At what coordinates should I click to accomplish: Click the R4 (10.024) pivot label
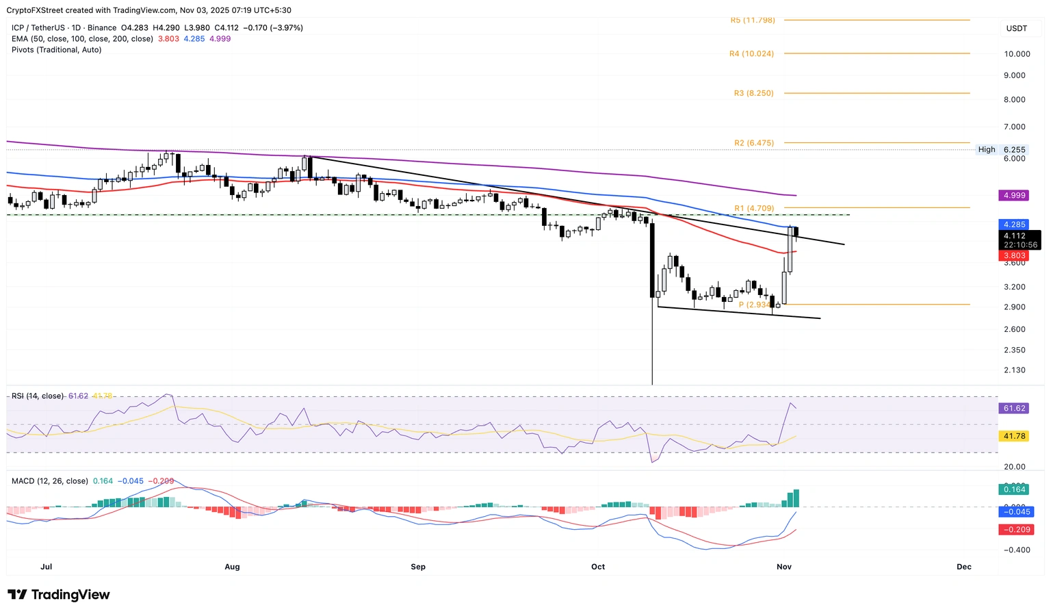(x=751, y=53)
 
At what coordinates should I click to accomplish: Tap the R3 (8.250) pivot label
(x=753, y=93)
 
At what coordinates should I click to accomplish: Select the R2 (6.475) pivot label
(x=754, y=143)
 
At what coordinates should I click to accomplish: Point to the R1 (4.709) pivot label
(x=754, y=208)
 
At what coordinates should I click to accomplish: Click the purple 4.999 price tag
(x=1014, y=196)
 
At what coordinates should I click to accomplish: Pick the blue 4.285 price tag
(x=1014, y=225)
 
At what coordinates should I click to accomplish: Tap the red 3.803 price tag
(x=1014, y=256)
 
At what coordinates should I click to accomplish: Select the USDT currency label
(x=1017, y=28)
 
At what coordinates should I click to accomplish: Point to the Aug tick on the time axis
(x=232, y=567)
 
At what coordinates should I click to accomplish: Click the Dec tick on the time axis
(x=963, y=567)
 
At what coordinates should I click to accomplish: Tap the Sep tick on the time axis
(x=418, y=567)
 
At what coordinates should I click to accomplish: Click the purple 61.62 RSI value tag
(x=1014, y=409)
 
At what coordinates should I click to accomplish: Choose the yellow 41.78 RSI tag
(x=1014, y=436)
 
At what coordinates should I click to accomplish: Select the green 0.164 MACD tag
(x=1014, y=489)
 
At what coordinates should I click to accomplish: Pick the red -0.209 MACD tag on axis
(x=1015, y=530)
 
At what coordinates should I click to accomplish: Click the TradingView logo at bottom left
(x=59, y=595)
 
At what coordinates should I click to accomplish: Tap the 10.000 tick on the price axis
(x=1017, y=54)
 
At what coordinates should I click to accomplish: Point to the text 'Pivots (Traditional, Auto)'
(x=56, y=50)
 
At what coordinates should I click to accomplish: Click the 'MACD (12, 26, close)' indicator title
(x=50, y=481)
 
